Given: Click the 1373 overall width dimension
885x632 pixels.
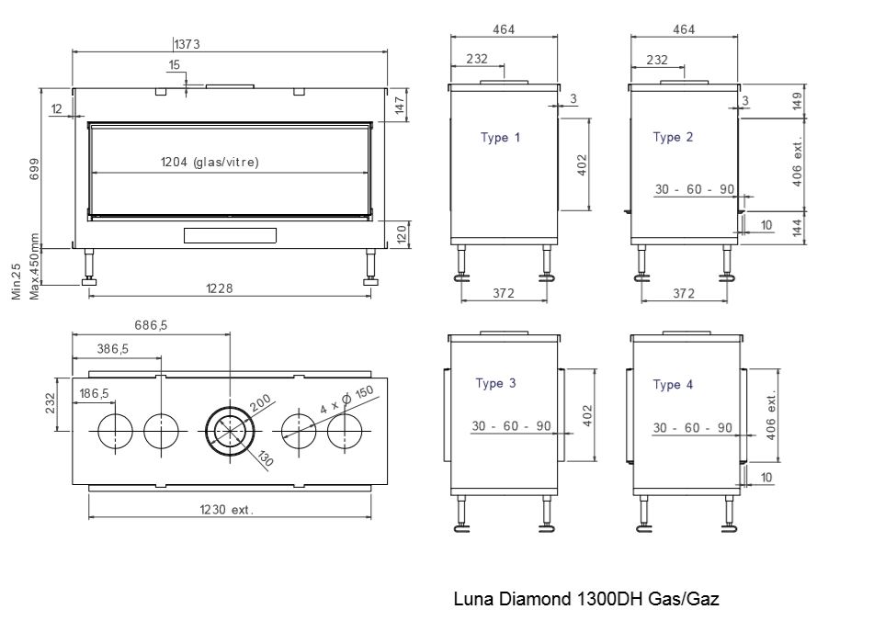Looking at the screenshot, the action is (187, 44).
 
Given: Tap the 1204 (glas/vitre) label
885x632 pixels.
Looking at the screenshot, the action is (210, 163).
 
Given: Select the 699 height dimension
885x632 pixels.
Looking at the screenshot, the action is (34, 169).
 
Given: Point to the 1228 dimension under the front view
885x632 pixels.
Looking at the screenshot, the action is (219, 288).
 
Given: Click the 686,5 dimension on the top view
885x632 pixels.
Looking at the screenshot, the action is (151, 325).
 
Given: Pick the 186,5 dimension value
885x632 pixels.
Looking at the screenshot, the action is (95, 393).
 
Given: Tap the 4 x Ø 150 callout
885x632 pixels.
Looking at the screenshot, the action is (346, 400).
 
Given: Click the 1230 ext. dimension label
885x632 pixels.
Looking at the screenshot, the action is (226, 510).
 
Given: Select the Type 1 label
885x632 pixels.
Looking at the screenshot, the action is (500, 137).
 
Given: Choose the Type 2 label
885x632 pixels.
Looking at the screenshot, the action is (673, 137).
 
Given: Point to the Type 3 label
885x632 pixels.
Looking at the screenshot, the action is (495, 383).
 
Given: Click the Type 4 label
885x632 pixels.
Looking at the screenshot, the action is (673, 384).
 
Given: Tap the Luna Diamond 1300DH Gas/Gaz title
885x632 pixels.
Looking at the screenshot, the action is (586, 598).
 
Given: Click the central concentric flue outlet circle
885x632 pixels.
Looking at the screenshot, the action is (230, 407).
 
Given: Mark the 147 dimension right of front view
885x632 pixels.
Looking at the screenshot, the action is (400, 105).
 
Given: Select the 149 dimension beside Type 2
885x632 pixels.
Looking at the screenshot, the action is (797, 101).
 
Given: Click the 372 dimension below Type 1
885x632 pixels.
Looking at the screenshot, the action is (504, 293).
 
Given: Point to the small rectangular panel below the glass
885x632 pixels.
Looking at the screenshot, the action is (230, 235).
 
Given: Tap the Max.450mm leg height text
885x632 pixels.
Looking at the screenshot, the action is (34, 266).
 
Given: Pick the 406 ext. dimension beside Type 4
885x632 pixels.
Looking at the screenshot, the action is (772, 415).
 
